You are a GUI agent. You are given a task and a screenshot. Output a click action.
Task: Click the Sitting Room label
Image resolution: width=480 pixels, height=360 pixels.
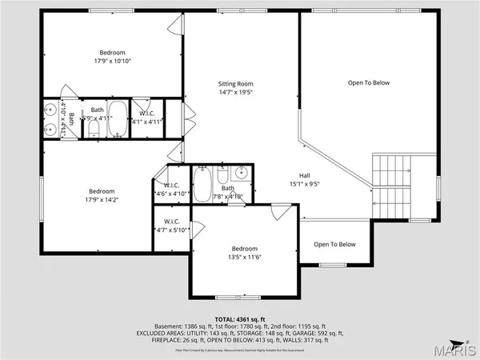pos(236,83)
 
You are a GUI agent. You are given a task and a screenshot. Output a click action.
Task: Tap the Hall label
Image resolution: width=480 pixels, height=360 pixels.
pos(305,176)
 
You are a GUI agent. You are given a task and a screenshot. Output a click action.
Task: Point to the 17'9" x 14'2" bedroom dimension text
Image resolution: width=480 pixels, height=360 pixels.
pos(102,201)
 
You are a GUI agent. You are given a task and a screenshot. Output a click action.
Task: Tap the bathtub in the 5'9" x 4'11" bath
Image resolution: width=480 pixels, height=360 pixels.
pos(118,118)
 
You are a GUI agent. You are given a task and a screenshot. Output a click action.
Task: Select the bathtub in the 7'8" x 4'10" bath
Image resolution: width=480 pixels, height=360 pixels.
pos(203,185)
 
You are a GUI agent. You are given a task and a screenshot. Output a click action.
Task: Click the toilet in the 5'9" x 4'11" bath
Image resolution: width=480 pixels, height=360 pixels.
pos(93,126)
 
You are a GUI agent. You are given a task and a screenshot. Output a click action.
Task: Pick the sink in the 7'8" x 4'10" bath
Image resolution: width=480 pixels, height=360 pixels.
pos(239,173)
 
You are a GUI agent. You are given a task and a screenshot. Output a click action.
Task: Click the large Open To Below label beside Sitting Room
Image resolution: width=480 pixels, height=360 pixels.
pos(368,82)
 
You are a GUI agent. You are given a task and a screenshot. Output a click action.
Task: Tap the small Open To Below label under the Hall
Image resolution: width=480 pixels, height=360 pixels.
pos(334,244)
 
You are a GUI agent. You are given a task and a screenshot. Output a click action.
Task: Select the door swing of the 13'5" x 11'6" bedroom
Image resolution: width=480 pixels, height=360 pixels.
pos(280,214)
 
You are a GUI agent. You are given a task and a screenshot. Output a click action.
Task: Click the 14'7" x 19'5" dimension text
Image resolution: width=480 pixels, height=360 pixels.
pos(236,93)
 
